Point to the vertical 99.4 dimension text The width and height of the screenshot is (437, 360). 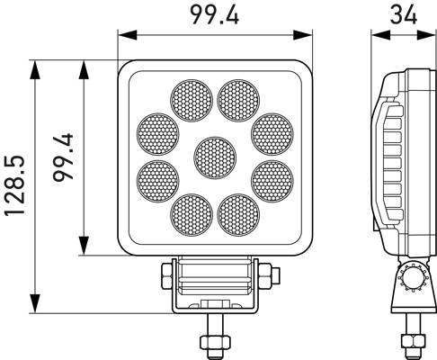(63, 158)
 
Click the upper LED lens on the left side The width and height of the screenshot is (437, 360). (156, 131)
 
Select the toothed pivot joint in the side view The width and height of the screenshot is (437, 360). (415, 278)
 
